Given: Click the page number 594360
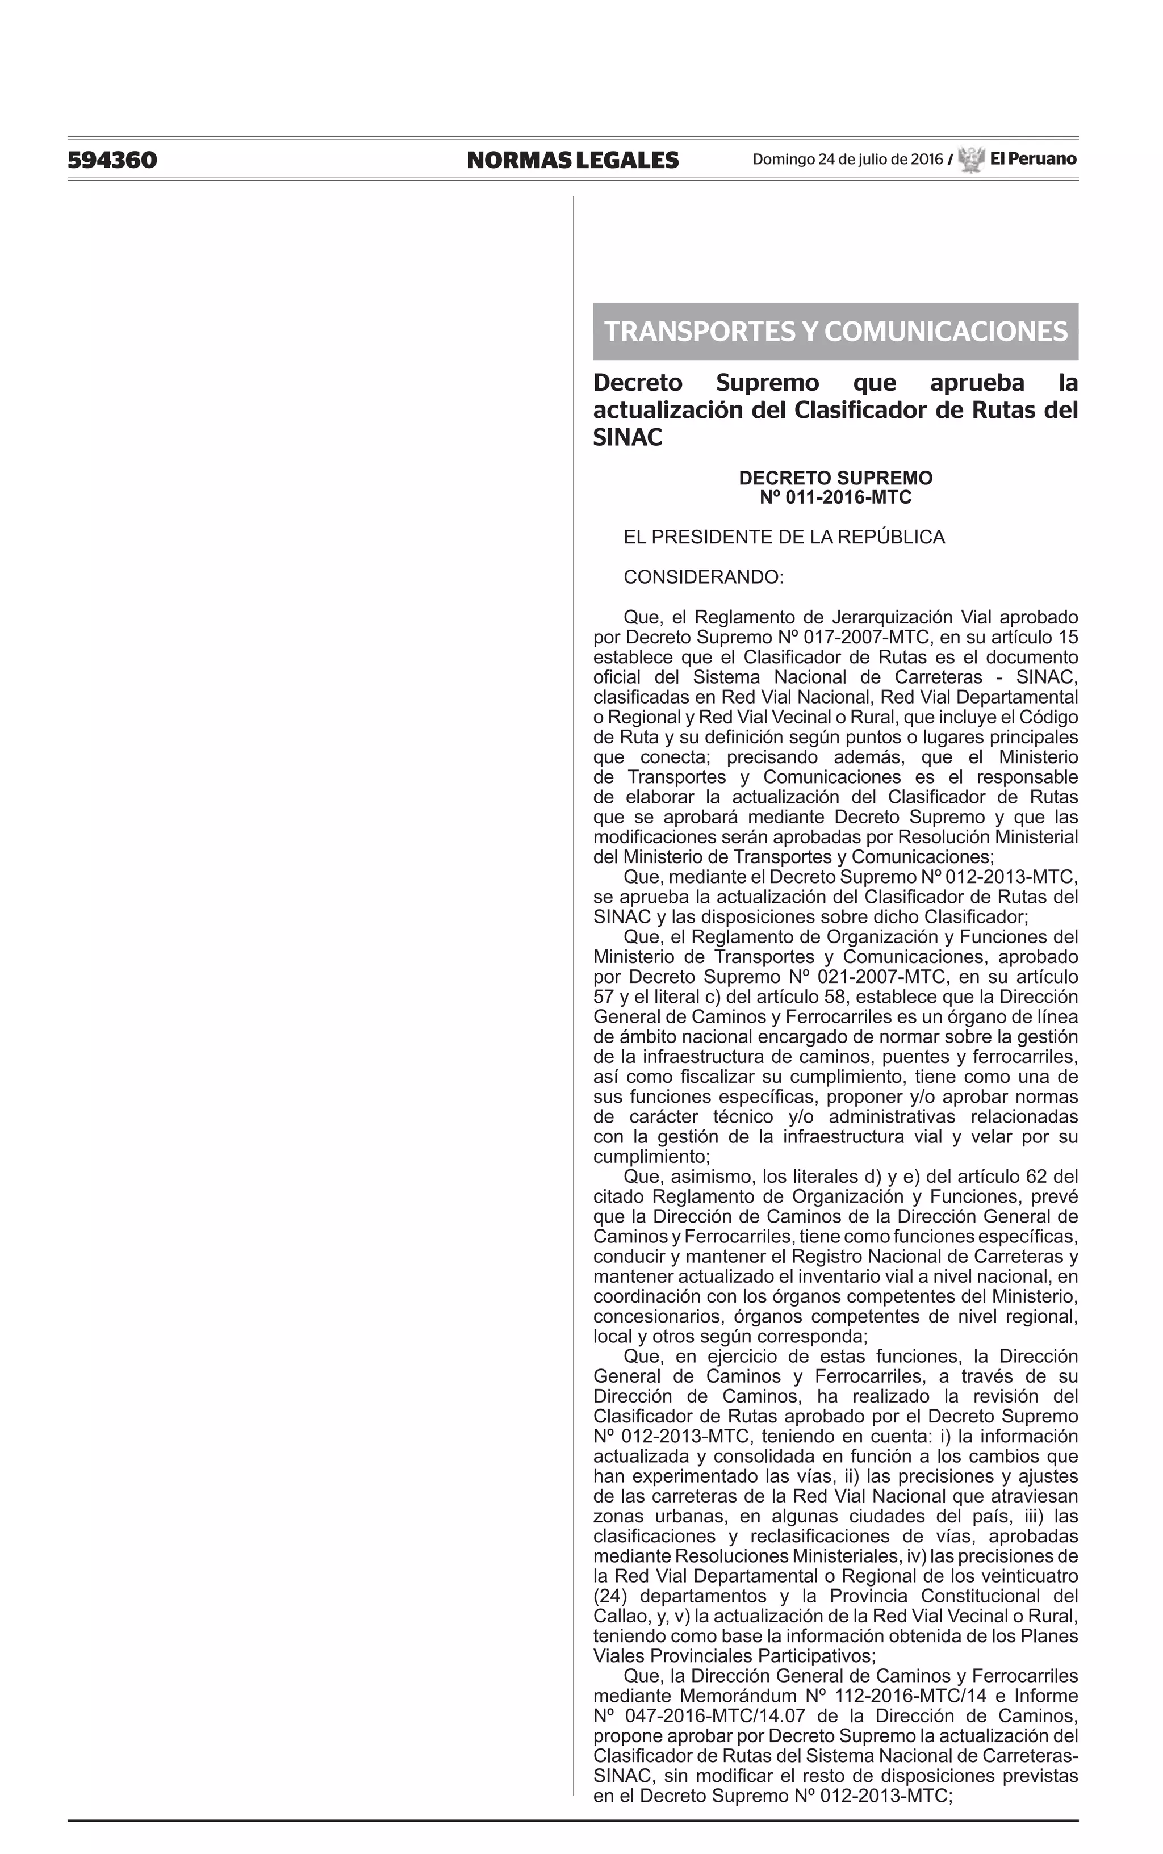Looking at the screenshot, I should click(112, 160).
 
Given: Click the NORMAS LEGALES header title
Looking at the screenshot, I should click(572, 160).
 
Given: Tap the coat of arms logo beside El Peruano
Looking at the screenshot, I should click(972, 159).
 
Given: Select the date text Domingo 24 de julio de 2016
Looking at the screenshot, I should click(847, 159).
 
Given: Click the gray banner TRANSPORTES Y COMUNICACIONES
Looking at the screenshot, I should click(835, 332).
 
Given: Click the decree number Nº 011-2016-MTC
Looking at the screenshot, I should click(835, 497).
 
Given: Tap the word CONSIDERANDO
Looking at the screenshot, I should click(703, 577).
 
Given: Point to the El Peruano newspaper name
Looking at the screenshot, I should click(1033, 159).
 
